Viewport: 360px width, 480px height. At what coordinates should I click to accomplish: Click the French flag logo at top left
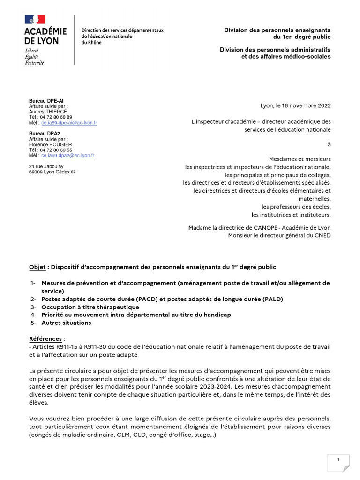35,20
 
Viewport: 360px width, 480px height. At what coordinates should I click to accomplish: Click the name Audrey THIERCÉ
48,112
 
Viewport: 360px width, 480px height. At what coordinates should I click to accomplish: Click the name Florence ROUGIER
50,144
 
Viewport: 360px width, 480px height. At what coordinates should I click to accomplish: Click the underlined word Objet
37,267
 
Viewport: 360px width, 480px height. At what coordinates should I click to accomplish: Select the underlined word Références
45,338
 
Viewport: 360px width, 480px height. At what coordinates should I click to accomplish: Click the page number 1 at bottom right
338,460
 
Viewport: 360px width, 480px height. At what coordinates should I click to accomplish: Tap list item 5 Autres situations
66,322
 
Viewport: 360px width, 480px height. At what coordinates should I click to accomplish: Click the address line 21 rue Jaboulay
47,166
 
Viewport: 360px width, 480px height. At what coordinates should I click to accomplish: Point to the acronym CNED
321,235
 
